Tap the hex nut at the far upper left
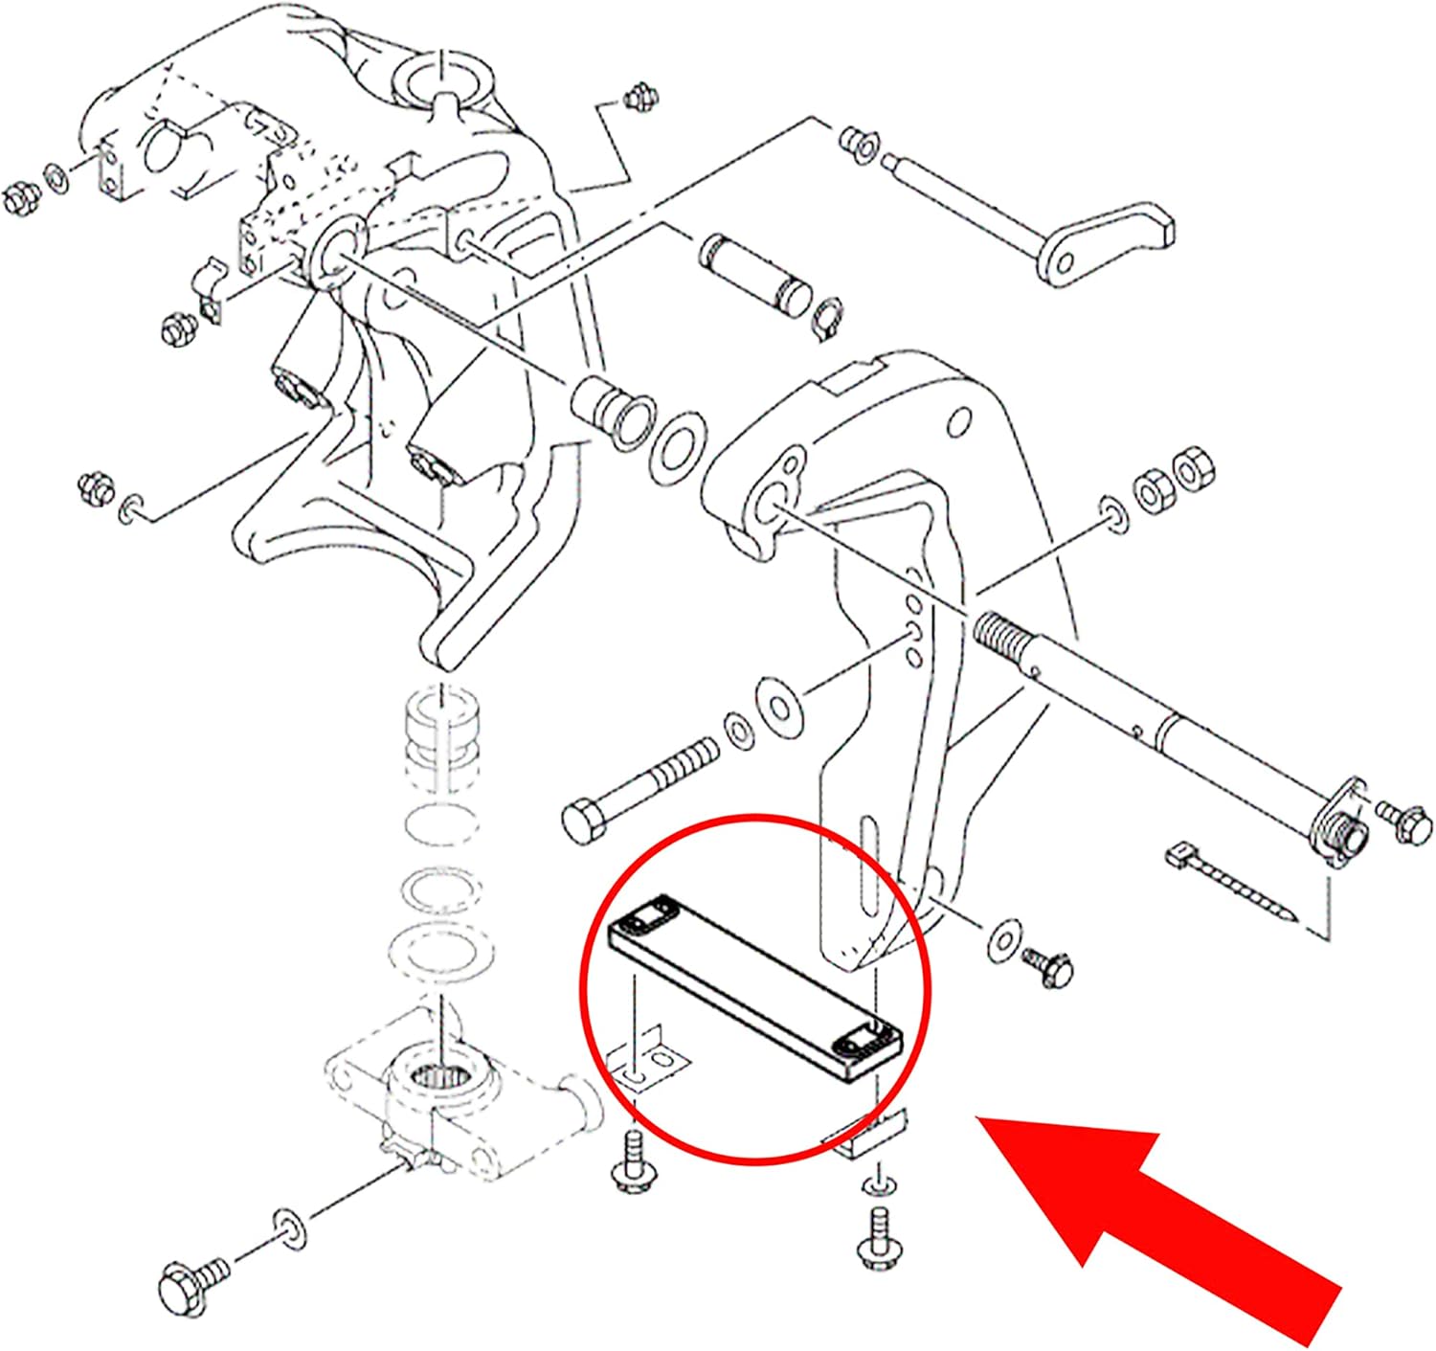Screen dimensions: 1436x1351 (x=19, y=199)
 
